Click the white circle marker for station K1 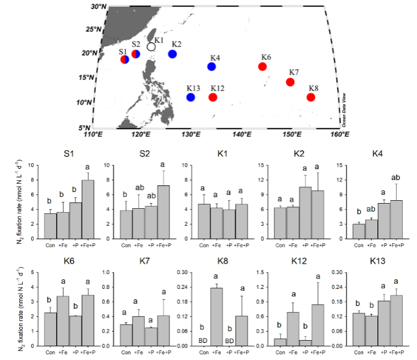point(151,47)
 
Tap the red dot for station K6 point(262,67)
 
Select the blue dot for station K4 point(212,67)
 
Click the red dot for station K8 point(311,97)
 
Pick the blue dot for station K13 point(191,97)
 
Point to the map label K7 point(294,72)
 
